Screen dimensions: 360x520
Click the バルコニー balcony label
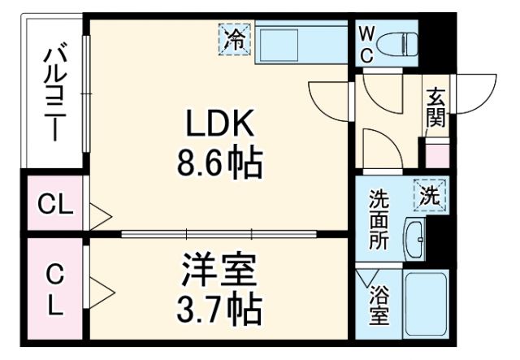point(55,93)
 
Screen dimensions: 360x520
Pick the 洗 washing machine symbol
point(429,195)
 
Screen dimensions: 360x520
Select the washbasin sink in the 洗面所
point(416,236)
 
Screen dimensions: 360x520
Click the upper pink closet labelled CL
point(54,206)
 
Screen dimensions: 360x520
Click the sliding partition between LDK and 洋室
point(219,234)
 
